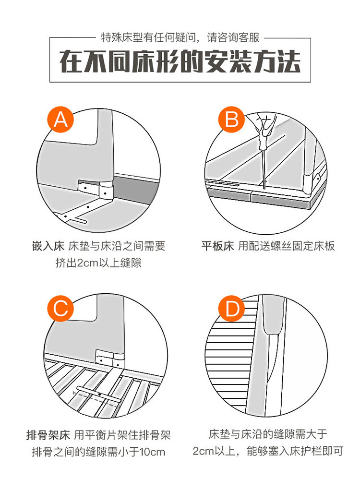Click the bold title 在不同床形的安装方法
tap(180, 62)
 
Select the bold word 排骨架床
tap(48, 435)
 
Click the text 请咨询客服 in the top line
tap(234, 37)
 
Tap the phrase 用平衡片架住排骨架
tap(121, 435)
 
